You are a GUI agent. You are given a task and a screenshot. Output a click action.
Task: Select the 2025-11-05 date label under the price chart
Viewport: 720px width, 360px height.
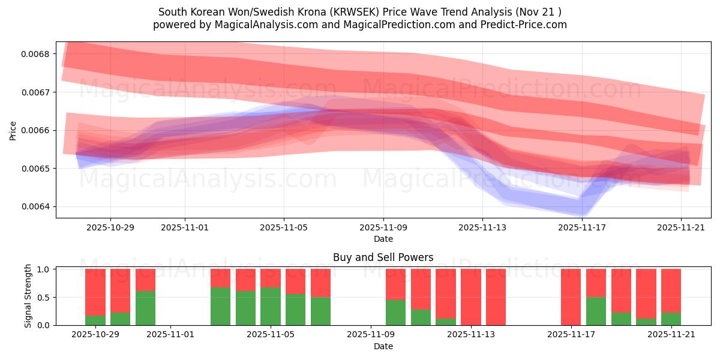[x=284, y=227]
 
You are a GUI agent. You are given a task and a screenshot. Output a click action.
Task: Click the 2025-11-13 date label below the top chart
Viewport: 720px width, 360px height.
[x=482, y=227]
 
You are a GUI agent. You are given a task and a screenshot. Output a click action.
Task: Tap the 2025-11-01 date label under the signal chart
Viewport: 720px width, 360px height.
[x=171, y=335]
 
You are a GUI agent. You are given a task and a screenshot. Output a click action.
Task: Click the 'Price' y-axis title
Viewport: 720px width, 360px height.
[x=13, y=130]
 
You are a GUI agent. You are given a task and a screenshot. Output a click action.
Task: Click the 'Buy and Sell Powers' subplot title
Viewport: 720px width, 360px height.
[x=383, y=257]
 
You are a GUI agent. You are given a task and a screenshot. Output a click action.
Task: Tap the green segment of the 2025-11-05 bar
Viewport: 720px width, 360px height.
[x=270, y=306]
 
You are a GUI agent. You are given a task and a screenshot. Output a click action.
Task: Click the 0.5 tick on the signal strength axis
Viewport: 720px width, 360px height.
[x=44, y=297]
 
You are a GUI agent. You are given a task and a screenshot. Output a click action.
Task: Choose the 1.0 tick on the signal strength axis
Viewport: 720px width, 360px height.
[x=44, y=269]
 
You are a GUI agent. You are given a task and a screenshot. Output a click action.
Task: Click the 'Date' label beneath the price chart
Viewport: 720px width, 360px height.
[x=383, y=239]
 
